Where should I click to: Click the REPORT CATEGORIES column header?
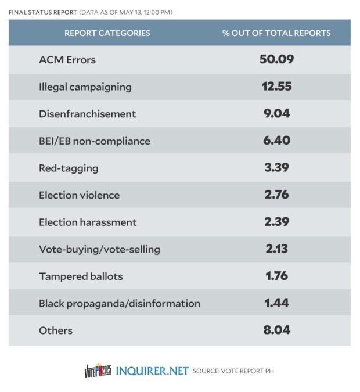[x=107, y=33]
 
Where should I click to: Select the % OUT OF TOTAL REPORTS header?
[x=276, y=33]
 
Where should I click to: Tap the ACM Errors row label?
[x=67, y=60]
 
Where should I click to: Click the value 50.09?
[x=276, y=59]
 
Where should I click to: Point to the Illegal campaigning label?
[x=85, y=87]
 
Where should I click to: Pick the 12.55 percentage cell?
[x=276, y=87]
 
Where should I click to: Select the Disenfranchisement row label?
[x=88, y=114]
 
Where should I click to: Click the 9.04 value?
[x=276, y=113]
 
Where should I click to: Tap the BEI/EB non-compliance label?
[x=95, y=141]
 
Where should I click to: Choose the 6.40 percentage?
[x=276, y=141]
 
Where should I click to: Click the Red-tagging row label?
[x=69, y=168]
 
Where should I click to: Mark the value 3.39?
[x=276, y=168]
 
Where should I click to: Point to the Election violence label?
[x=80, y=195]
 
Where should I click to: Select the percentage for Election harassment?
[x=276, y=222]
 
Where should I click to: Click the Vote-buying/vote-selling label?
[x=99, y=249]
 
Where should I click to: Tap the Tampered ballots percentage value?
[x=276, y=276]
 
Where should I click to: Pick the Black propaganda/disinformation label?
[x=120, y=303]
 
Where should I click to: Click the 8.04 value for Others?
[x=276, y=330]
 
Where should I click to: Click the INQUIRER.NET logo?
[x=152, y=371]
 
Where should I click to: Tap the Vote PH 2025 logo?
[x=98, y=370]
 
